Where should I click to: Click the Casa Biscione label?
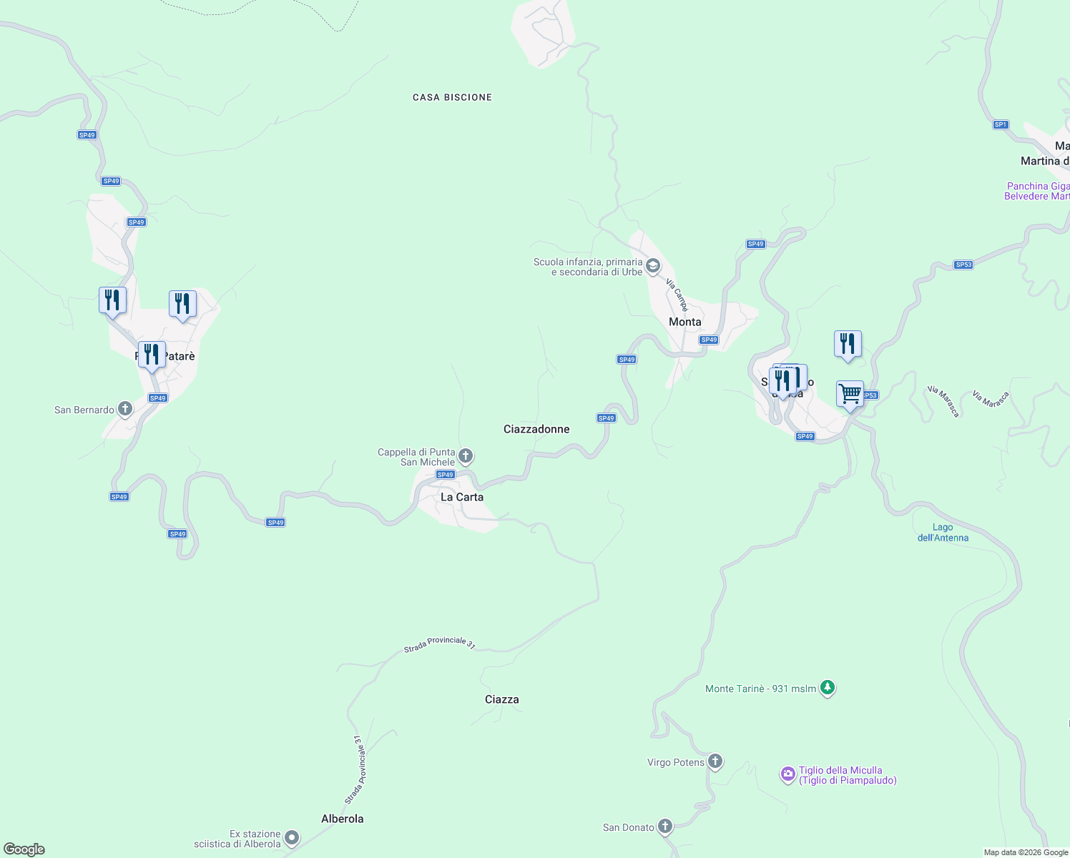[452, 97]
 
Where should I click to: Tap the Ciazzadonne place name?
[536, 429]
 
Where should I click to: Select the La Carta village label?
[461, 497]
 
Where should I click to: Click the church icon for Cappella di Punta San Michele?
[466, 456]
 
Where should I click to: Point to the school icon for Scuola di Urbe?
[652, 267]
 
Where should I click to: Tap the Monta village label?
[684, 322]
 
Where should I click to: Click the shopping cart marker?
[850, 394]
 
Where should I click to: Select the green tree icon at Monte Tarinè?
[828, 688]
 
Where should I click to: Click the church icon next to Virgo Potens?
[715, 761]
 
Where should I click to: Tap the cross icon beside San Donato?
[665, 827]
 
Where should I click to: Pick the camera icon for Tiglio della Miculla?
[787, 774]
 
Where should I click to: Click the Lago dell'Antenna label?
[943, 533]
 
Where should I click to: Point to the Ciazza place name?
[501, 699]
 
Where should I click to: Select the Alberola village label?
[342, 819]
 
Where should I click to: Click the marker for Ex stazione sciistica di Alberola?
[291, 838]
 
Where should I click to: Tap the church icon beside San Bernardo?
[124, 409]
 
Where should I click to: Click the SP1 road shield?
[1000, 124]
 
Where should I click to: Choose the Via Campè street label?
[677, 295]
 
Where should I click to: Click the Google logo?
[24, 849]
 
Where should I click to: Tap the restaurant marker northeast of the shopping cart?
[848, 344]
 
